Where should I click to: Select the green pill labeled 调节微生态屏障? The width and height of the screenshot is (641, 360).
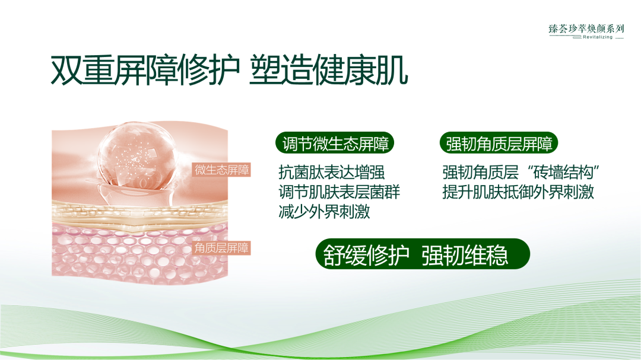click(334, 144)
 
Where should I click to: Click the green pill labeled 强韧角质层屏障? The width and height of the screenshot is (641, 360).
click(499, 144)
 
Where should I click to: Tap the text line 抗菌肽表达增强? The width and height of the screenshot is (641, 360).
click(331, 173)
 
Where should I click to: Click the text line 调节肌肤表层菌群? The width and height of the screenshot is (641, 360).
click(339, 192)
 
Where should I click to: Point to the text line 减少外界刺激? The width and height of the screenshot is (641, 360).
click(324, 212)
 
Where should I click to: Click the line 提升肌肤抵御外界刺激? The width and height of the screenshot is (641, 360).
click(518, 192)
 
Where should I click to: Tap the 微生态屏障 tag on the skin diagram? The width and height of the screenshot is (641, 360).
click(222, 170)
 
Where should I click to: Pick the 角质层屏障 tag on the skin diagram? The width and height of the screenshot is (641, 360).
click(222, 248)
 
